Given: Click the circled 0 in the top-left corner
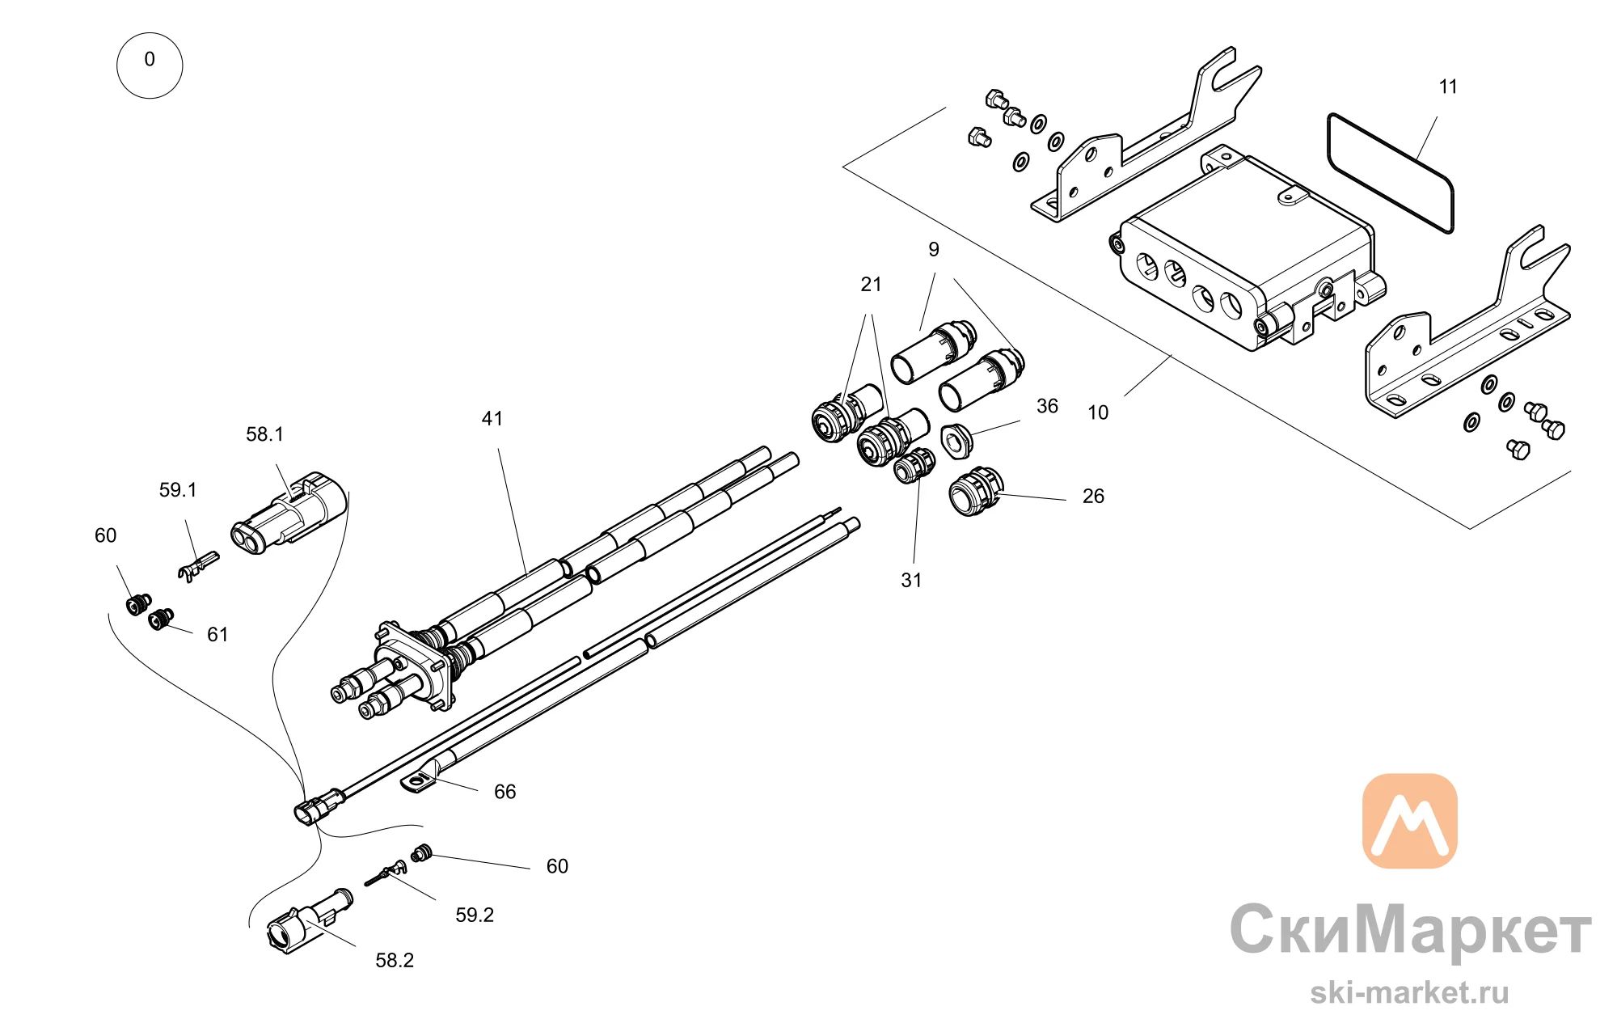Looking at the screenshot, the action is (150, 66).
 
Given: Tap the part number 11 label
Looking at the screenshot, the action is (1448, 87).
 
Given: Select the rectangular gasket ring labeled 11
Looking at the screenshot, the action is (1391, 174).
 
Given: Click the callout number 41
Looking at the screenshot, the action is (492, 418).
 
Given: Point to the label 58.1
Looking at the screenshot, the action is (264, 434).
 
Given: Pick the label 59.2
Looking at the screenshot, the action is (475, 915).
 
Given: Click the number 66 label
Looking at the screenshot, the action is (505, 792).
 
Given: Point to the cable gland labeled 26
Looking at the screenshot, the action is (975, 491).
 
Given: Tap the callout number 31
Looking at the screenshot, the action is (911, 580).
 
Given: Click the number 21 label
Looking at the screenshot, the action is (871, 284).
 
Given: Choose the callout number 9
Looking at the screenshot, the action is (934, 249).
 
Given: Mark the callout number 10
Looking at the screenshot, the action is (1098, 412).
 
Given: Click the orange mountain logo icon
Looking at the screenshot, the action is (1410, 821).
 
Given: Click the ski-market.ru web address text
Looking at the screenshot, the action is (1409, 992).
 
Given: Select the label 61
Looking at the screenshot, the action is (217, 635).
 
